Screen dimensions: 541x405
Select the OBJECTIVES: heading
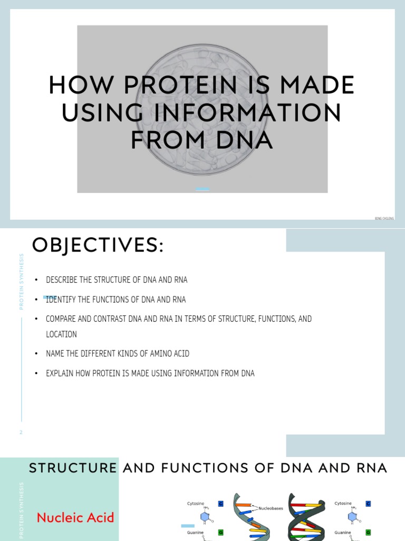[98, 245]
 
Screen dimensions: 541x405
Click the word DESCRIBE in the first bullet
[61, 280]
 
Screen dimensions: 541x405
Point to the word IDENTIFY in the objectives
[61, 300]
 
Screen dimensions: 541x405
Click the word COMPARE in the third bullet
[61, 319]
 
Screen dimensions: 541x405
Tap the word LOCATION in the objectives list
[62, 334]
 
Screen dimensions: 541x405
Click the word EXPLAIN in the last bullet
[60, 374]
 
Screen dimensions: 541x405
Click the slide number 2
[21, 432]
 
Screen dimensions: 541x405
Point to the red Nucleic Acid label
[75, 517]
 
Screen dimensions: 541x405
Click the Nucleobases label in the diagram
[272, 509]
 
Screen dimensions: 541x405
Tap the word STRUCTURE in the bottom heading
[73, 468]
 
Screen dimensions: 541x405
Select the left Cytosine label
[196, 503]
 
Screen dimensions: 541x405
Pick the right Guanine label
[343, 533]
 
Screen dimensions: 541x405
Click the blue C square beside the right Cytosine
[368, 503]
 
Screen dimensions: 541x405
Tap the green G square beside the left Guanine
[220, 533]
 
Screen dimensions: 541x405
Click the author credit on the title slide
[384, 218]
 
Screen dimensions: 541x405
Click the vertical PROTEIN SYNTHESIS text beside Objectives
[22, 282]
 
